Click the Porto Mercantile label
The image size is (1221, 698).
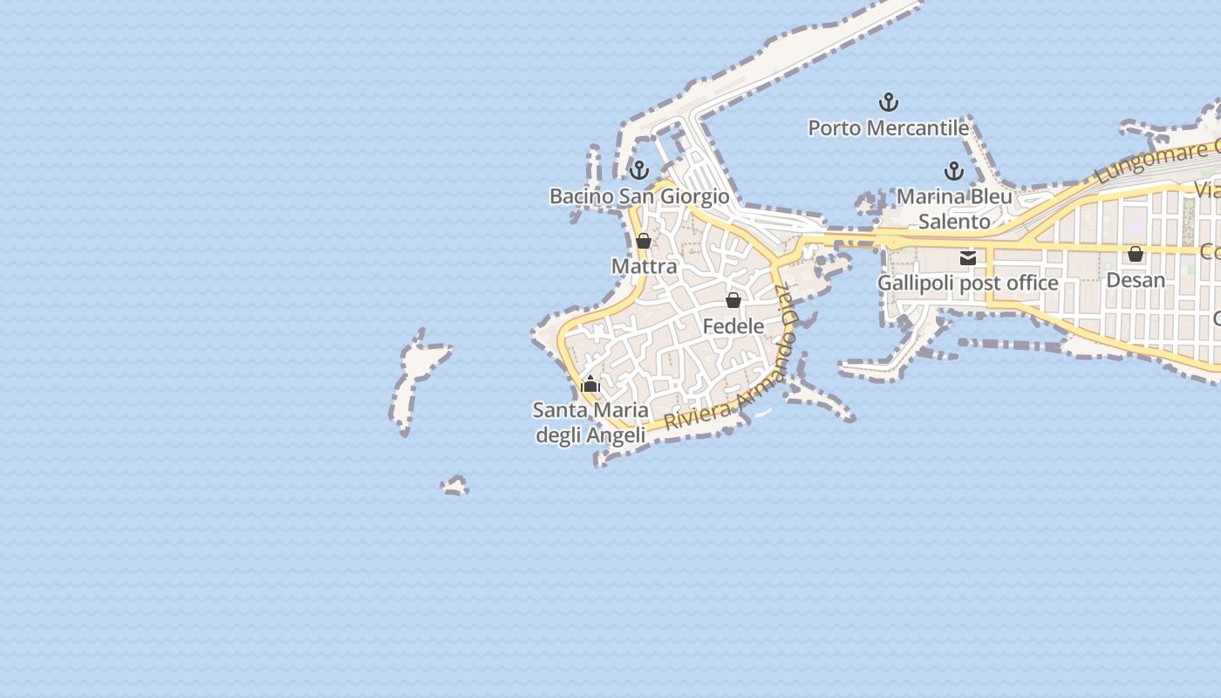coord(888,128)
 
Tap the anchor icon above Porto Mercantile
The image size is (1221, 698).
coord(888,103)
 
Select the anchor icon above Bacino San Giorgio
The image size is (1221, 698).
coord(639,170)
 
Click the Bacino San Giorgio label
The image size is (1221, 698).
coord(639,196)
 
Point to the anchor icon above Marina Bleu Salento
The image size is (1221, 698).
coord(954,171)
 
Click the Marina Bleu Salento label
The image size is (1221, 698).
coord(954,209)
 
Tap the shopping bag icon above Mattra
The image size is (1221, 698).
coord(644,241)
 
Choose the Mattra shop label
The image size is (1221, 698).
coord(644,266)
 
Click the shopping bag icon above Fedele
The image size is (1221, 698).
coord(733,300)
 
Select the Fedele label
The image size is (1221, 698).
coord(733,326)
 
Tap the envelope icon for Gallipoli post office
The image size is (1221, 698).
coord(968,257)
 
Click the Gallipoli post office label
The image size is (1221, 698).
coord(967,284)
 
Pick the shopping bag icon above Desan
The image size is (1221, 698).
coord(1136,254)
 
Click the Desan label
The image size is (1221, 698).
coord(1136,280)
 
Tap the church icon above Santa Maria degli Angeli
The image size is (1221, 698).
coord(590,384)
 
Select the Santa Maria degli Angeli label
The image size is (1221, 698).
coord(590,422)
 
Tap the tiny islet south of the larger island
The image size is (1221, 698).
coord(454,485)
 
